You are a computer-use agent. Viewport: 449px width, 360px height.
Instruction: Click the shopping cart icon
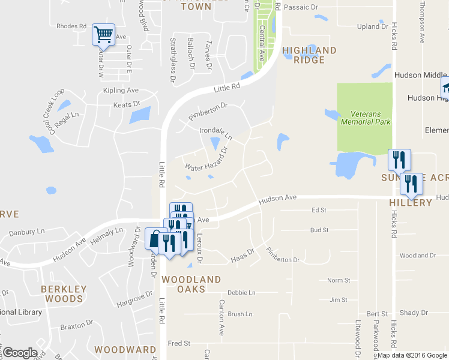click(103, 35)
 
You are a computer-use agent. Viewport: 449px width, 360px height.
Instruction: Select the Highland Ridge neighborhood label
click(309, 55)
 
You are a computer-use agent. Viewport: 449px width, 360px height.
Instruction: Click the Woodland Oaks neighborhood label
click(191, 284)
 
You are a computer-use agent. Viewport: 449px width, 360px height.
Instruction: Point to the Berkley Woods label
click(64, 293)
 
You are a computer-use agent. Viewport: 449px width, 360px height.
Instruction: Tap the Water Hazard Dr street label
click(207, 160)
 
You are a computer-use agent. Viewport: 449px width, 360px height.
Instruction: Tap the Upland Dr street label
click(372, 26)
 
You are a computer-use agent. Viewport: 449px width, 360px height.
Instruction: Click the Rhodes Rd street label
click(71, 26)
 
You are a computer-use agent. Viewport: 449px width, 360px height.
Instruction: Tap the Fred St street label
click(179, 343)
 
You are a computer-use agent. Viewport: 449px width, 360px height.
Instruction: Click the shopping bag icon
click(155, 239)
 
